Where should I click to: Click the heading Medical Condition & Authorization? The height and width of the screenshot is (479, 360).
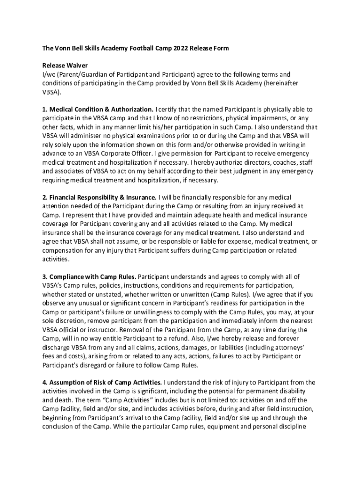click(98, 109)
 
